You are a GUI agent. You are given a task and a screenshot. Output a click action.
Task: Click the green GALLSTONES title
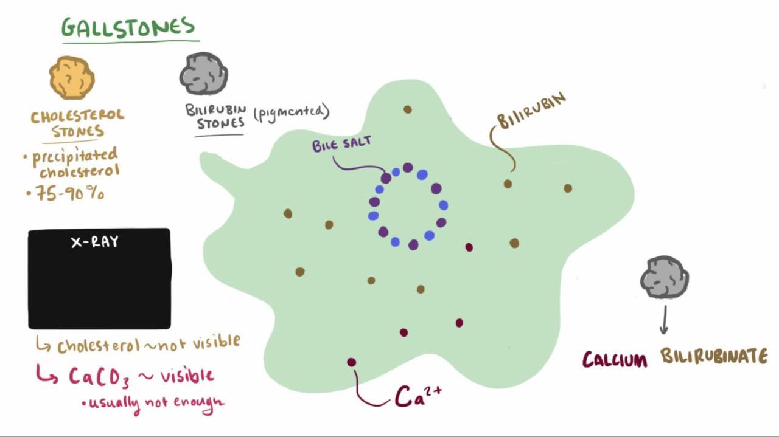pos(128,27)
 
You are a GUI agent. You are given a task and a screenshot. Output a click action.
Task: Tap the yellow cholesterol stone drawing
pos(72,77)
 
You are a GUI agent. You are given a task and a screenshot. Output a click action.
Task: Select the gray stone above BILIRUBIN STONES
pos(204,74)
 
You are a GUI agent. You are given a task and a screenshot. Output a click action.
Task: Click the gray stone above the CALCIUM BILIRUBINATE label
pos(665,277)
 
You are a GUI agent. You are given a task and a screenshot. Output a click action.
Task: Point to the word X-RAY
pos(94,242)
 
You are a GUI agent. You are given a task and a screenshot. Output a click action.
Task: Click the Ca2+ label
pos(418,396)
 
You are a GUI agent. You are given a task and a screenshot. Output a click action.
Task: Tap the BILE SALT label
pos(341,143)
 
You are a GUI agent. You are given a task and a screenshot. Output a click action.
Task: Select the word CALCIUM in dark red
pos(615,359)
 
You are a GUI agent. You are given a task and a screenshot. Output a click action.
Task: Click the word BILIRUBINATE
pos(714,356)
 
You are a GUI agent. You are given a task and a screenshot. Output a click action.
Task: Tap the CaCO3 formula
pos(99,377)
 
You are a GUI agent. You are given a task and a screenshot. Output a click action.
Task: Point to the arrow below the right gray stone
pos(664,320)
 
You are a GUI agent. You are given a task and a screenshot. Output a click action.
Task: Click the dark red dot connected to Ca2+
pos(352,362)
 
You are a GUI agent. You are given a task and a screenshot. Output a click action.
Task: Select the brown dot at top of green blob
pos(408,109)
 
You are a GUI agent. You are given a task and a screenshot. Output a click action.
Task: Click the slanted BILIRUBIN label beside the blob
pos(531,110)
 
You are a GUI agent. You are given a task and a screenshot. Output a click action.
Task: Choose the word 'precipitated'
pos(75,157)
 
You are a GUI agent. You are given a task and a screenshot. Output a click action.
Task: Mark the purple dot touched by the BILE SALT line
pos(386,178)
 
